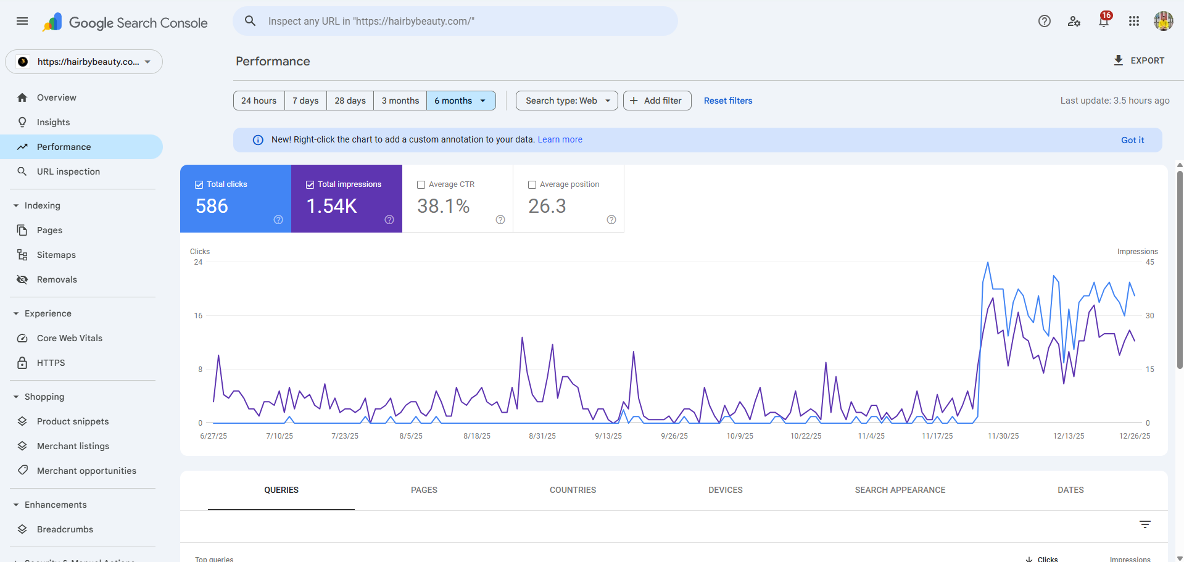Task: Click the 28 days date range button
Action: (350, 101)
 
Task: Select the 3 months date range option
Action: (400, 101)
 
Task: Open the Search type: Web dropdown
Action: (567, 101)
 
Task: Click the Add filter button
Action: (656, 101)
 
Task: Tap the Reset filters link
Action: (728, 101)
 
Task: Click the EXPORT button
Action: (1139, 60)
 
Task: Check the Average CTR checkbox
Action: (421, 184)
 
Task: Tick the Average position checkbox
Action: (532, 184)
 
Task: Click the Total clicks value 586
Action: (212, 206)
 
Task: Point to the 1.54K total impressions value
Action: (332, 206)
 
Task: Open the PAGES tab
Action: (424, 490)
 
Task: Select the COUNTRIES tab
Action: (573, 490)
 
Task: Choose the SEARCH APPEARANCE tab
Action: (900, 490)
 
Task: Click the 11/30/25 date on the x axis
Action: (1003, 436)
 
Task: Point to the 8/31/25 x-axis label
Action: (542, 436)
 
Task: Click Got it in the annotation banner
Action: (1132, 140)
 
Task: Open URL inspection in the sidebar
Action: (68, 171)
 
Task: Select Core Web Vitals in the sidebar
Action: (69, 338)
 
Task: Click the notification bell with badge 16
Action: (1103, 22)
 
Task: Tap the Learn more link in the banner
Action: (560, 139)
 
